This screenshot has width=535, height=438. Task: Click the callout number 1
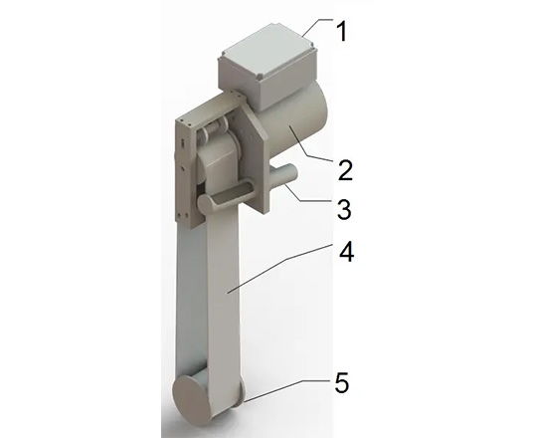click(x=341, y=31)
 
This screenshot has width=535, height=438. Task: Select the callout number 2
click(x=345, y=170)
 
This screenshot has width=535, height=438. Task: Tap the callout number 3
click(x=344, y=209)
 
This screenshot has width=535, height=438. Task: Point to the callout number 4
click(x=346, y=253)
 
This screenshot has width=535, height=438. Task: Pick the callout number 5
click(x=341, y=382)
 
